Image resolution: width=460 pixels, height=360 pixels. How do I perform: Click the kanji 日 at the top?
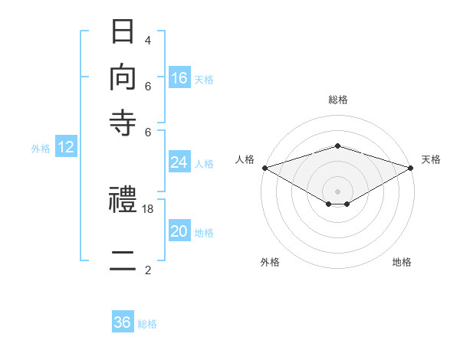pyautogui.click(x=123, y=31)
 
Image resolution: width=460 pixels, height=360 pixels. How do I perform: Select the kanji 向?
pyautogui.click(x=123, y=77)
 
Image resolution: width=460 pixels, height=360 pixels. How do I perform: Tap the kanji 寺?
pyautogui.click(x=123, y=123)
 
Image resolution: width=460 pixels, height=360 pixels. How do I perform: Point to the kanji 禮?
pyautogui.click(x=123, y=199)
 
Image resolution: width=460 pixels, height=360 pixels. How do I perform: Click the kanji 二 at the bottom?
pyautogui.click(x=123, y=260)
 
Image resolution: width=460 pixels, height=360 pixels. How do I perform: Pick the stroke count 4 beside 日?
pyautogui.click(x=148, y=41)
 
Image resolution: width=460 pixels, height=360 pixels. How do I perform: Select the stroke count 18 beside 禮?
pyautogui.click(x=147, y=209)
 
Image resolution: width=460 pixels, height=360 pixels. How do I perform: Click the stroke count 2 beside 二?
pyautogui.click(x=148, y=270)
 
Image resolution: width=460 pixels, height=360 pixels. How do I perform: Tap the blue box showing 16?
pyautogui.click(x=179, y=77)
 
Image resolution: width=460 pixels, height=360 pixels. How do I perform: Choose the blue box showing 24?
pyautogui.click(x=179, y=162)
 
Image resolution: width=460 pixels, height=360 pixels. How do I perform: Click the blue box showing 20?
pyautogui.click(x=179, y=230)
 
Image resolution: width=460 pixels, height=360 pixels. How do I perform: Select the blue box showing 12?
pyautogui.click(x=66, y=146)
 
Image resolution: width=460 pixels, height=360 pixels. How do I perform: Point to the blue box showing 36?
pyautogui.click(x=123, y=321)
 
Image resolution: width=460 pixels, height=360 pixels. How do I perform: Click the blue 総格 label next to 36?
pyautogui.click(x=147, y=324)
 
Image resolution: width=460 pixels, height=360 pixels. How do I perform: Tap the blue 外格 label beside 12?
pyautogui.click(x=41, y=149)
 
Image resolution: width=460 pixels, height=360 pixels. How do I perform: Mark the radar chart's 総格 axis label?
pyautogui.click(x=338, y=100)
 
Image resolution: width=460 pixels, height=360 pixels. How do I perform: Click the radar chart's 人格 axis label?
pyautogui.click(x=245, y=159)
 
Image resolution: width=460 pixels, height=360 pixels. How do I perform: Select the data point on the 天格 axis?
pyautogui.click(x=411, y=168)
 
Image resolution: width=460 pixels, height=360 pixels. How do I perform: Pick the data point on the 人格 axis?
pyautogui.click(x=265, y=168)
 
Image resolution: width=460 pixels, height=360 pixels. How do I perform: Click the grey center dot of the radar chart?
pyautogui.click(x=337, y=191)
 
